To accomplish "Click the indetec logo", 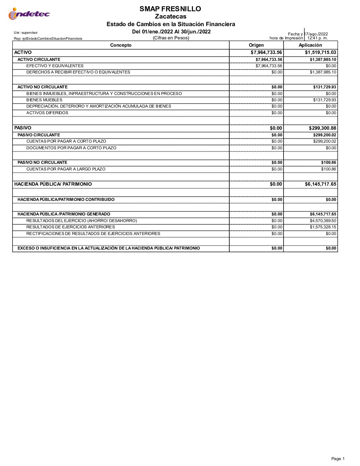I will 29,14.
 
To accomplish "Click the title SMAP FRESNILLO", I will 170,9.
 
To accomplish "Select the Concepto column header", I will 121,45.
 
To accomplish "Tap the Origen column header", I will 256,45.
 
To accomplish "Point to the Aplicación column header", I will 310,45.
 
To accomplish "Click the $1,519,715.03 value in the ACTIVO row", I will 320,52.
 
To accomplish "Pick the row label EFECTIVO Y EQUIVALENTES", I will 55,66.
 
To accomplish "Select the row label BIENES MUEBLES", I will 44,100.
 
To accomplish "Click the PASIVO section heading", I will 23,128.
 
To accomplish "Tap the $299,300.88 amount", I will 322,128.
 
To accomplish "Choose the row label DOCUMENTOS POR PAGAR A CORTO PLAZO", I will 71,148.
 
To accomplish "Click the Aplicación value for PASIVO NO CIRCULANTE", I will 328,163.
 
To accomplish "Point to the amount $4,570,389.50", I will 323,221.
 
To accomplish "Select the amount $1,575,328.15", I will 323,227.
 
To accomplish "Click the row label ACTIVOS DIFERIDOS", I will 47,113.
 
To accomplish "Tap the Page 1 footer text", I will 338,459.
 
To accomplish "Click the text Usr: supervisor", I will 26,33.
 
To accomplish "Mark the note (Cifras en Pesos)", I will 171,38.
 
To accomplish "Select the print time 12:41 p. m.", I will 318,38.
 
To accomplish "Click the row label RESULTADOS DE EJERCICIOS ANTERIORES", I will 70,227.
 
